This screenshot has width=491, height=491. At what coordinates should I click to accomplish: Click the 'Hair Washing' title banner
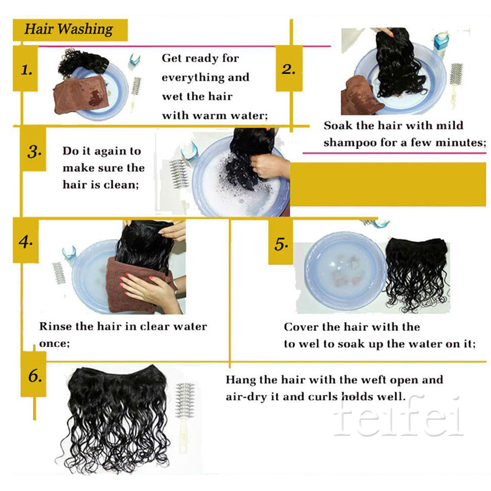pyautogui.click(x=70, y=30)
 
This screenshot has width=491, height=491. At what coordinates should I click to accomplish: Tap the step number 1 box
pyautogui.click(x=26, y=69)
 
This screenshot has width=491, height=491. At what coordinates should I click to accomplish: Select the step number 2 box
pyautogui.click(x=289, y=69)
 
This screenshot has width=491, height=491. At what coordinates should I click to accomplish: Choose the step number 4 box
pyautogui.click(x=26, y=241)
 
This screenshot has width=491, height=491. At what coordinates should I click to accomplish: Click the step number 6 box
pyautogui.click(x=34, y=374)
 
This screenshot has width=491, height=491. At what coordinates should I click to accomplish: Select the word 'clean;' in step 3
pyautogui.click(x=121, y=185)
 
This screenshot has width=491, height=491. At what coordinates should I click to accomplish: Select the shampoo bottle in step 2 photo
pyautogui.click(x=441, y=44)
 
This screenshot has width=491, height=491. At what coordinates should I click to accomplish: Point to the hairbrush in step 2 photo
pyautogui.click(x=456, y=81)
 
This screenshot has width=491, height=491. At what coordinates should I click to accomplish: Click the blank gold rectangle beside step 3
pyautogui.click(x=388, y=185)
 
